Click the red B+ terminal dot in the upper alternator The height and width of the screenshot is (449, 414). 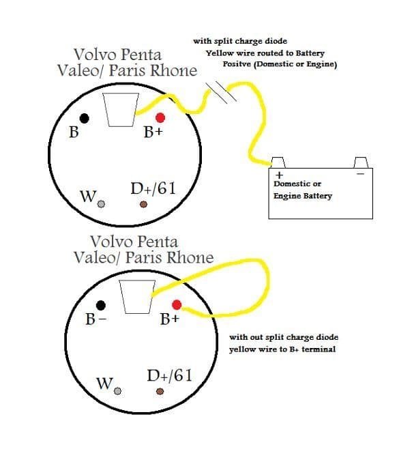160,117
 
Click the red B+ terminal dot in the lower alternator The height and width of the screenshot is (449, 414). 177,304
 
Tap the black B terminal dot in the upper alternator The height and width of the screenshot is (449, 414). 84,118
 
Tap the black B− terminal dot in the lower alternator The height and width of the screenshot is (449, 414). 101,305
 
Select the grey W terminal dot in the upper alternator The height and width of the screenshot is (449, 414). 101,204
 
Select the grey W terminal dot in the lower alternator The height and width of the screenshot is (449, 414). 118,391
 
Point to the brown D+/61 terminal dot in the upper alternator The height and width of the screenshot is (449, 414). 143,204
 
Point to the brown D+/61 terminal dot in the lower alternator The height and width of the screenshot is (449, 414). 160,391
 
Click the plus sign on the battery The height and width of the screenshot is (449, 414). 279,175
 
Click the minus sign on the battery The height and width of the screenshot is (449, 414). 361,173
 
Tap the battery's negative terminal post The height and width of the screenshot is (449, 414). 361,162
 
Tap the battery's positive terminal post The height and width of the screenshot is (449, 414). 278,162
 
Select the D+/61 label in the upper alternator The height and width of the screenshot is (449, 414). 153,188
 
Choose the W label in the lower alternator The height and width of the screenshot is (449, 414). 104,383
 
